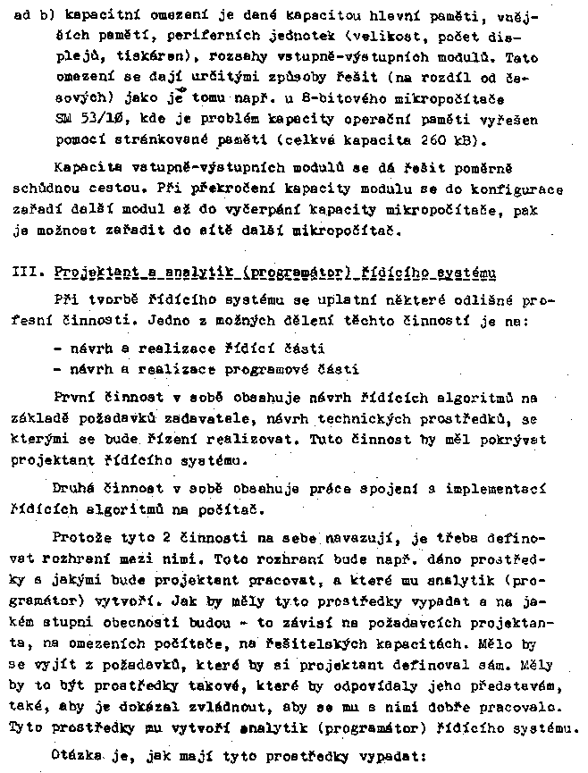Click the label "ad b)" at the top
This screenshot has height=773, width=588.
pos(31,17)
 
